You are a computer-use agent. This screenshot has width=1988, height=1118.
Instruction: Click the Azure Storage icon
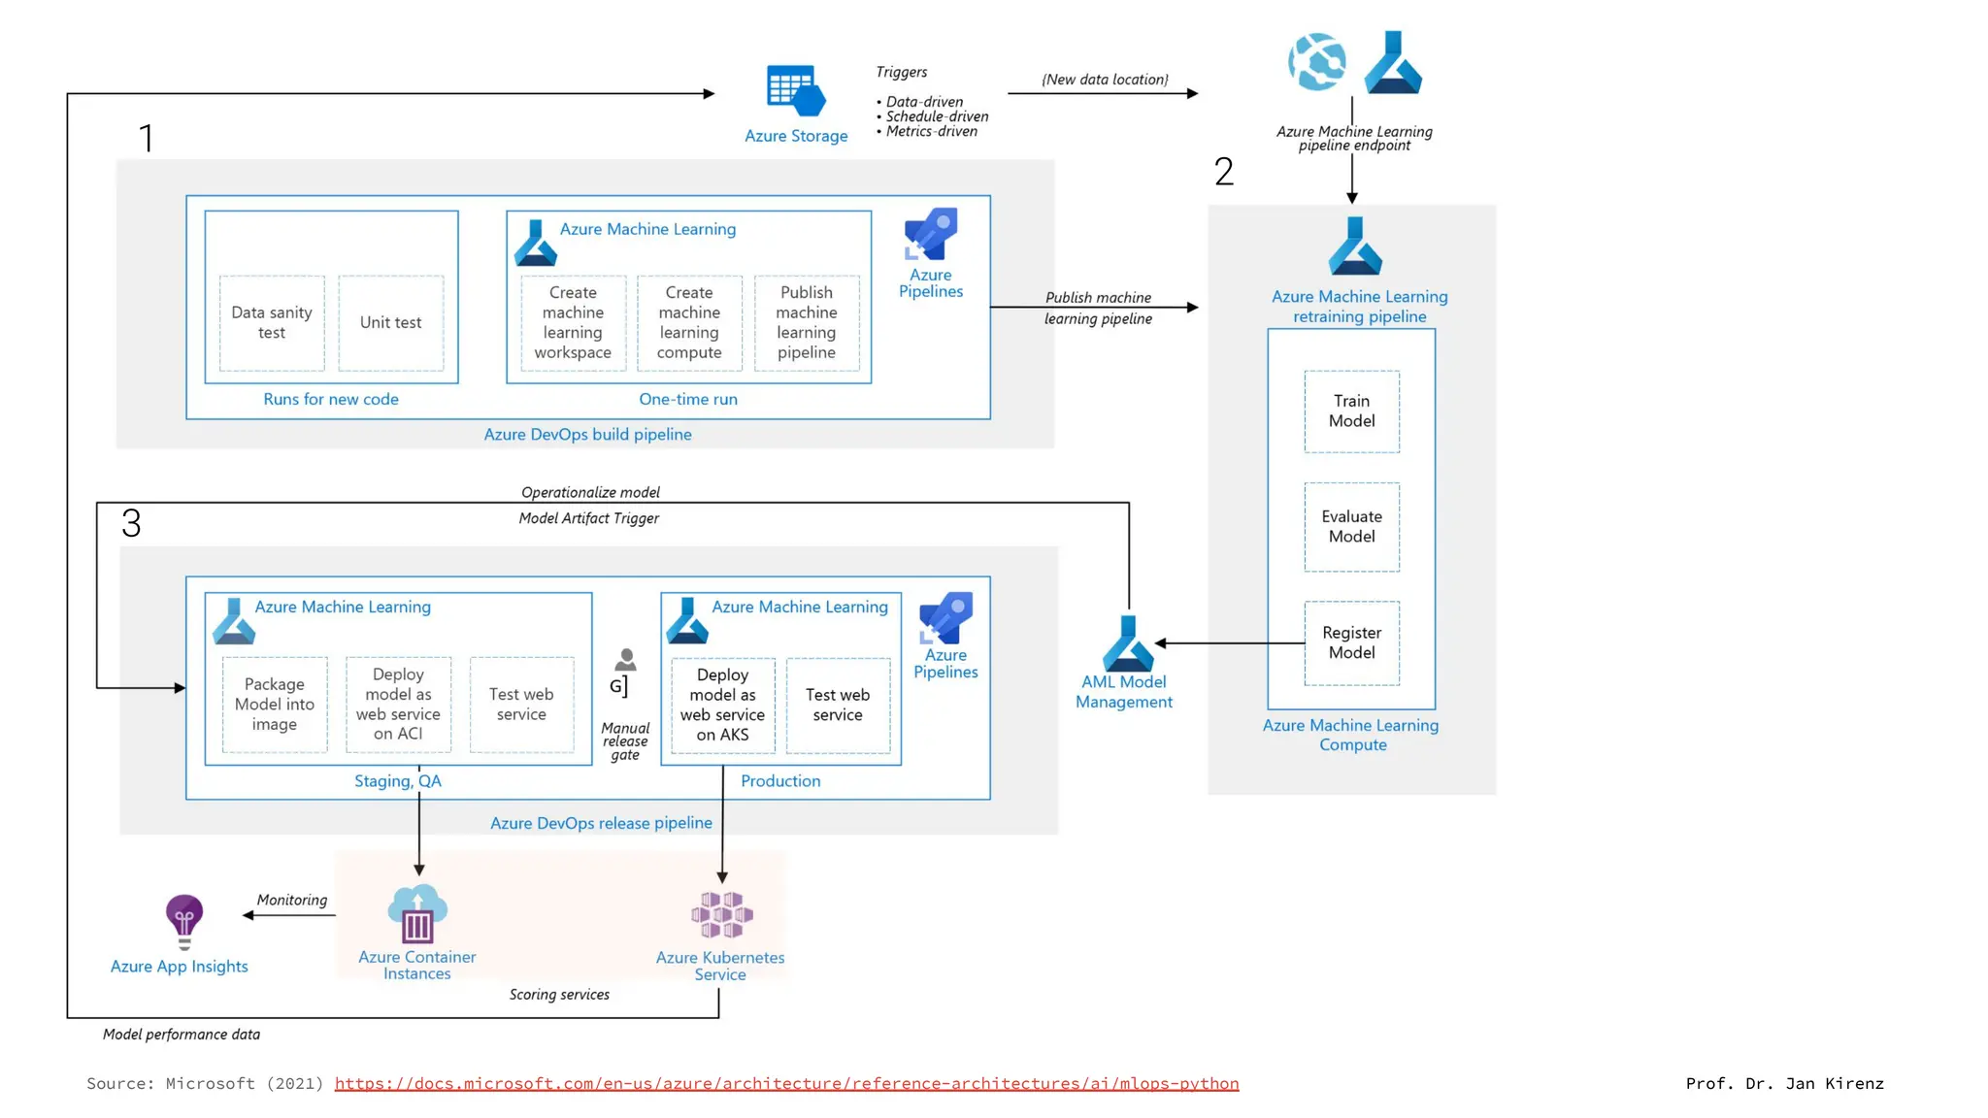point(795,91)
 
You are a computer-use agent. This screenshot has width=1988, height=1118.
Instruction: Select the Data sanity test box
point(272,323)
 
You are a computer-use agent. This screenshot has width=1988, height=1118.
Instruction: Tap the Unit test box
point(390,323)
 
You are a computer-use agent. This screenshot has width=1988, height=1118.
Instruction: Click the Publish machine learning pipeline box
point(806,323)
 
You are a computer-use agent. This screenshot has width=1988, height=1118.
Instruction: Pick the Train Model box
point(1351,411)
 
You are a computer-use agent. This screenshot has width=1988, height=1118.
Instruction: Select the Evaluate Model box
point(1351,527)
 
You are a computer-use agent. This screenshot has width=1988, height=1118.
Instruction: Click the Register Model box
point(1351,642)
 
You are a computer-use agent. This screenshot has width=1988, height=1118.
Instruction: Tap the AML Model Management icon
point(1127,644)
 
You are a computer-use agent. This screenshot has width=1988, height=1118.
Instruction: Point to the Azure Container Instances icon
point(417,914)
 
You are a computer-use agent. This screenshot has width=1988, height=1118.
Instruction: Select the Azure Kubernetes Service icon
point(721,914)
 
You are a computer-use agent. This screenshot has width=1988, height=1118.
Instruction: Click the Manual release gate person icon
point(626,661)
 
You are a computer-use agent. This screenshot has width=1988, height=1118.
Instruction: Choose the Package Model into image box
point(275,705)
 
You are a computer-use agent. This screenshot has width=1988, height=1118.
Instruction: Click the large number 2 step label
point(1224,173)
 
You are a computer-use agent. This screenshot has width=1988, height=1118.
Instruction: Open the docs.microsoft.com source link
point(786,1084)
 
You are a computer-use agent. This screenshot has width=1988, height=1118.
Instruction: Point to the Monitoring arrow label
point(291,901)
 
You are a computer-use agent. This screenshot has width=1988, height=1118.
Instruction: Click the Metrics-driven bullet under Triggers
point(931,132)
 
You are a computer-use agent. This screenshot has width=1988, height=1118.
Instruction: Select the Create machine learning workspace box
point(573,323)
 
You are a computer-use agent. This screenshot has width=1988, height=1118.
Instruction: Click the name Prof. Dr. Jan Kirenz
point(1784,1084)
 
